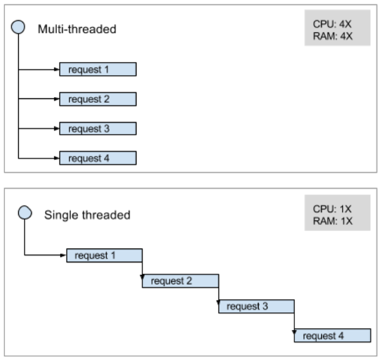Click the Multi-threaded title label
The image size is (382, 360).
click(x=77, y=29)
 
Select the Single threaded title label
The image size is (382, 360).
click(x=87, y=215)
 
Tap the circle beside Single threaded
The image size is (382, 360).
click(x=24, y=213)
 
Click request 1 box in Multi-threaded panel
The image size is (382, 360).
click(x=98, y=69)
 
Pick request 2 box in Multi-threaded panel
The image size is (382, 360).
click(x=98, y=99)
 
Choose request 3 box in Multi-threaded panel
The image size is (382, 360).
click(x=98, y=129)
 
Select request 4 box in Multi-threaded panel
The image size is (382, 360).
click(x=98, y=158)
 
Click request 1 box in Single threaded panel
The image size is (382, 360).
click(x=105, y=255)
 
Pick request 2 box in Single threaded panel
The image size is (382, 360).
click(x=180, y=281)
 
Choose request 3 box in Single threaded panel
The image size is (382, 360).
click(x=256, y=307)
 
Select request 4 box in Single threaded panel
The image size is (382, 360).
click(x=332, y=336)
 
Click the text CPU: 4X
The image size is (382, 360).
click(x=333, y=24)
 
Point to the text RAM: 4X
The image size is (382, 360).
click(x=333, y=36)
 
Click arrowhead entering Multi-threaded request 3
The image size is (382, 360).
click(x=57, y=129)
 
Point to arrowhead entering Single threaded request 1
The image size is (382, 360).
click(x=64, y=255)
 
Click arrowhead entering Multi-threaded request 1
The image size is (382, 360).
click(x=57, y=69)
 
